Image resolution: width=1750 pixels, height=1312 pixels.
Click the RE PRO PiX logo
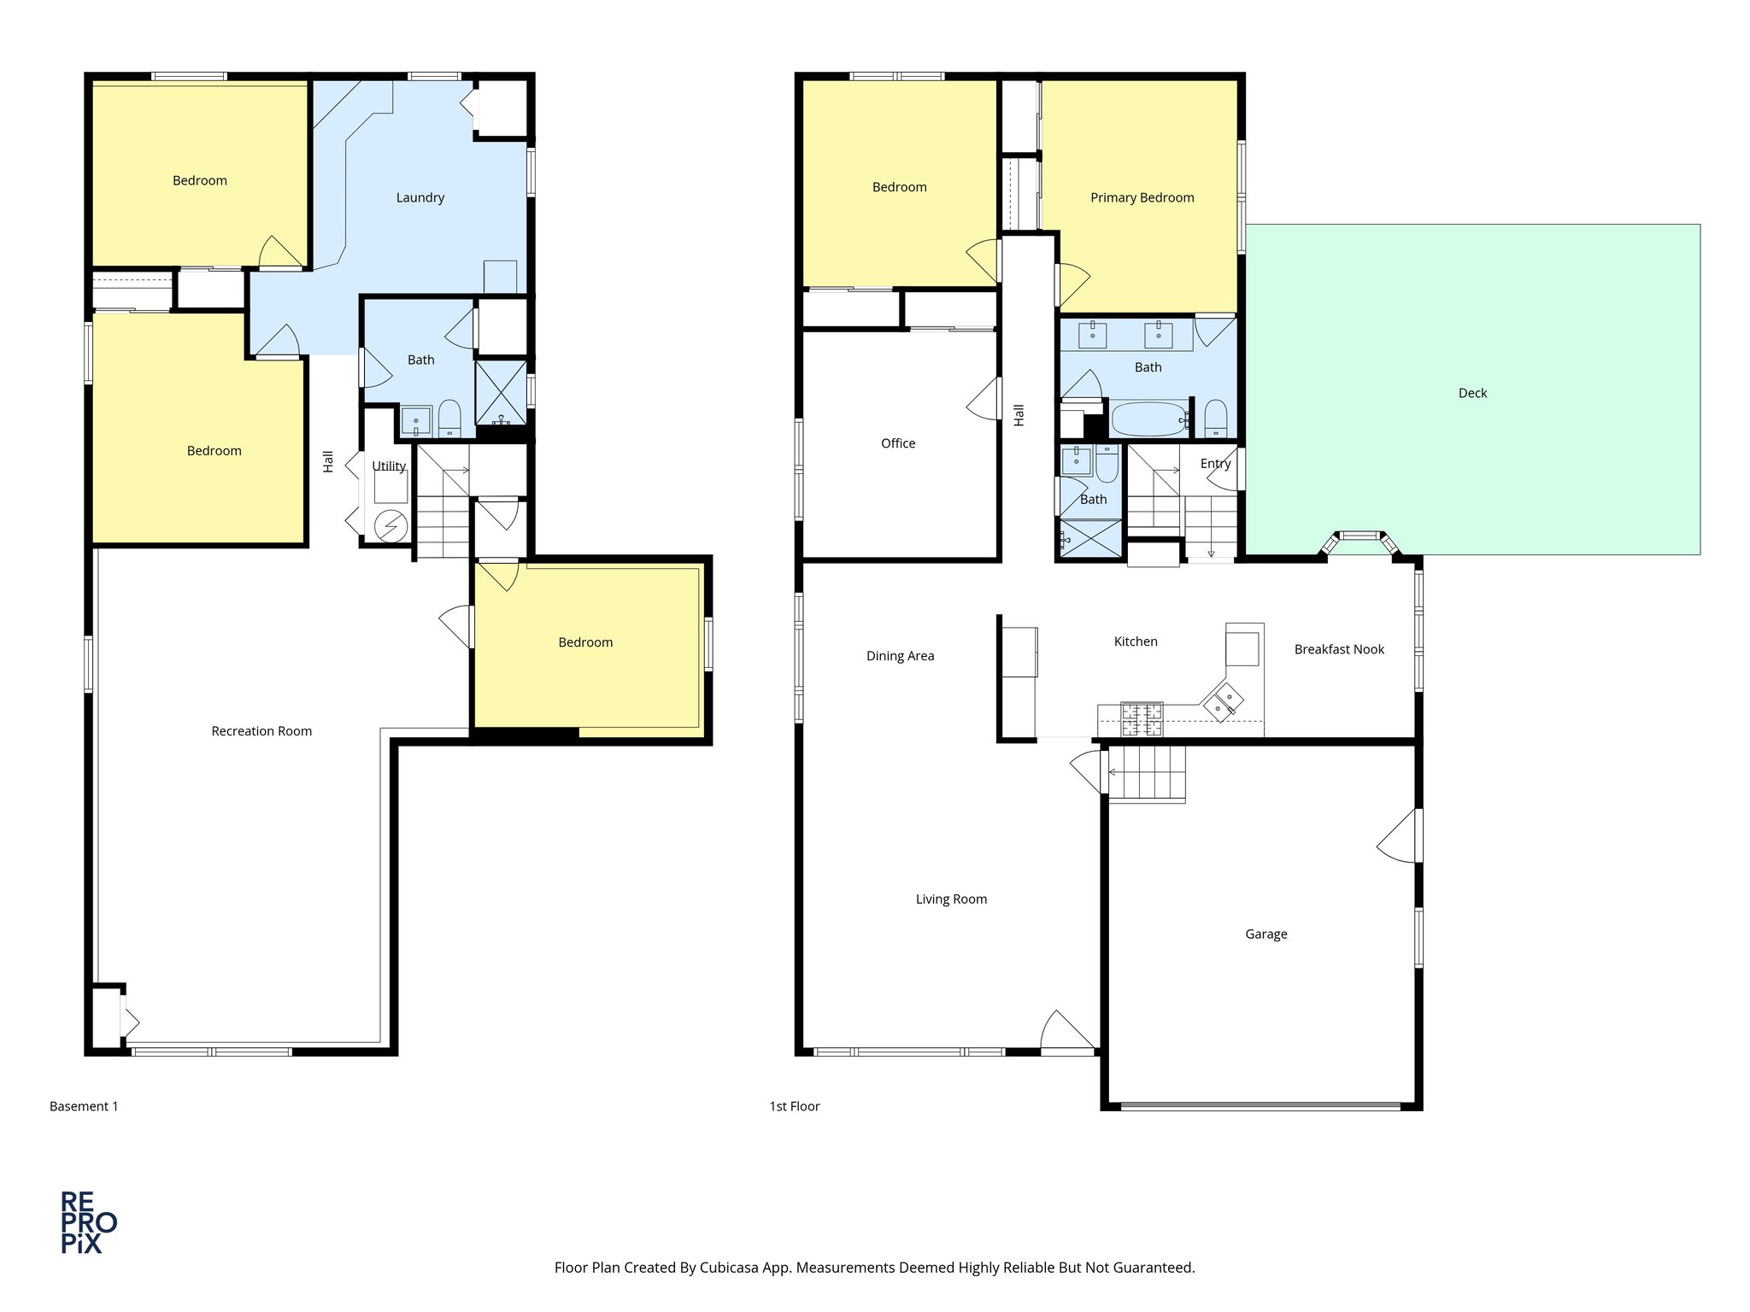click(88, 1222)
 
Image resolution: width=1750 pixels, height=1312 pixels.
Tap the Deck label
click(1472, 393)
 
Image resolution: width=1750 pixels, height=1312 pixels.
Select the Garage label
click(1266, 934)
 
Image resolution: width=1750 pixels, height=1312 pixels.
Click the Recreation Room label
click(261, 731)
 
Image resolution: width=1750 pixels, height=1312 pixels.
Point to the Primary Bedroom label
click(1142, 197)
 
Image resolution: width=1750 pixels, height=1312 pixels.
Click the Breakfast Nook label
click(1339, 649)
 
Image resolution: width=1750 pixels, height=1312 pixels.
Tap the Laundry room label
click(420, 197)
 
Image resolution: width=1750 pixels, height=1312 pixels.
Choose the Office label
click(897, 443)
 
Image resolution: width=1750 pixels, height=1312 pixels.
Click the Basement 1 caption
click(84, 1106)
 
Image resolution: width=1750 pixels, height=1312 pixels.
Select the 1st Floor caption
click(794, 1106)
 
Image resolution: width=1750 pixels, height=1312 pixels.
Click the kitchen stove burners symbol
click(1142, 718)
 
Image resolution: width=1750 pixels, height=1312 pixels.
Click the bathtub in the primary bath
click(1148, 419)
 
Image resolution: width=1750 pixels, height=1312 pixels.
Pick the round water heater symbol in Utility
click(391, 524)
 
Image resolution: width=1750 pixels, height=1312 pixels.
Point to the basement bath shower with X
click(501, 392)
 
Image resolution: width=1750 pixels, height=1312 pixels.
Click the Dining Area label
click(900, 656)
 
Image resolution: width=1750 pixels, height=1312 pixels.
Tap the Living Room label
click(951, 899)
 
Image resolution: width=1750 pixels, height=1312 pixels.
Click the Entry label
click(1215, 464)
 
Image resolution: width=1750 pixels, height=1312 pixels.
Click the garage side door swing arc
click(1397, 837)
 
